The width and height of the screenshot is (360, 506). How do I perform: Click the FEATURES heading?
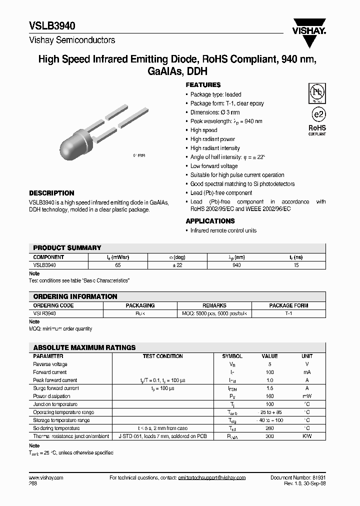coord(203,85)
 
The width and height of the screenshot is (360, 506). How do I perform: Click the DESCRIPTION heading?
coord(51,193)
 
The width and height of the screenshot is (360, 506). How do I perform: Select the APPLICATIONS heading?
coord(210,221)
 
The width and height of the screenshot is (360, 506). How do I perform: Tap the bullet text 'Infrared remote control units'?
coord(223,230)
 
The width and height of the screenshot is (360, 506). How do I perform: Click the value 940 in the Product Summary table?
coord(236,265)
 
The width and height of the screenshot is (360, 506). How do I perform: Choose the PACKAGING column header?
coord(140,305)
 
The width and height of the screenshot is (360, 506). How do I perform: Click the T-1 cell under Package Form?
coord(288,313)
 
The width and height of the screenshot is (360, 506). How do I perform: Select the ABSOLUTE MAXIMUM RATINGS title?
coord(84,347)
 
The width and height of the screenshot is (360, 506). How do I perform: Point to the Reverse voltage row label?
coord(50,364)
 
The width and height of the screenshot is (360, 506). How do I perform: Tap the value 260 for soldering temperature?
coord(269,428)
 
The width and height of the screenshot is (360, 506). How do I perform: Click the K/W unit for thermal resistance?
coord(307,436)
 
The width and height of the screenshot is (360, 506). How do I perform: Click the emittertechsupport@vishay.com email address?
coord(211,478)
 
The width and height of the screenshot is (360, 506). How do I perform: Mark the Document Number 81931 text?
coord(298,478)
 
